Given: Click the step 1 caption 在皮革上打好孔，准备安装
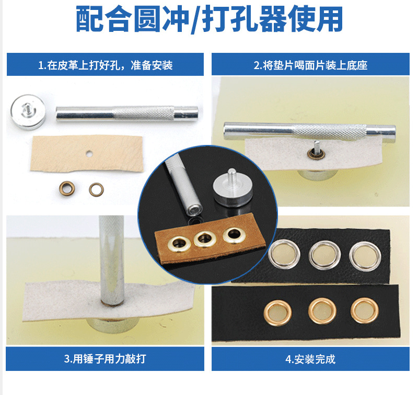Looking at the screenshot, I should tap(105, 66).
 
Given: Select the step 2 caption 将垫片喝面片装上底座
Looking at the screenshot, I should tap(314, 66).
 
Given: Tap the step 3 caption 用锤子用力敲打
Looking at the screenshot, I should tap(105, 359).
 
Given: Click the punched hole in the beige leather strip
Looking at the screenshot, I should tap(89, 154).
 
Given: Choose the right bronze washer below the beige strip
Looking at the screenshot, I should tap(96, 188).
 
